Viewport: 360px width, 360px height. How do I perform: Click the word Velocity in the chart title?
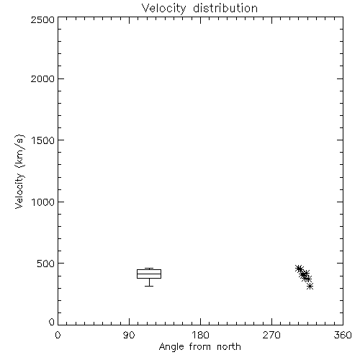(x=163, y=9)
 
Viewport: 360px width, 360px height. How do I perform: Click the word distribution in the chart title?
(x=225, y=8)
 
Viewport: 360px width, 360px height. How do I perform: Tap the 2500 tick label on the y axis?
(x=42, y=19)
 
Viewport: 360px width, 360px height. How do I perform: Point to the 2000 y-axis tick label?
(x=42, y=78)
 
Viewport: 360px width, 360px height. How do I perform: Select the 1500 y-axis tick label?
(x=43, y=140)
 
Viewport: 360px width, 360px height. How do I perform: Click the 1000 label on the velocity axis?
(x=43, y=202)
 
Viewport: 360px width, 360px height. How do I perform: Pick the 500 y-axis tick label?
(x=46, y=264)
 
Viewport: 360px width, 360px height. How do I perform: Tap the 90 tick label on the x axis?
(x=129, y=335)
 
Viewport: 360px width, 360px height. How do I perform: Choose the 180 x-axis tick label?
(x=200, y=335)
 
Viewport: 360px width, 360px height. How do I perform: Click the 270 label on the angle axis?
(x=271, y=335)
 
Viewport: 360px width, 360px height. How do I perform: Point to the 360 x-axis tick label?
(x=343, y=335)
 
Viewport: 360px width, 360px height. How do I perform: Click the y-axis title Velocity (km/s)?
(x=19, y=171)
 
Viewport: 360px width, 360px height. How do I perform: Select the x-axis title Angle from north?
(x=200, y=347)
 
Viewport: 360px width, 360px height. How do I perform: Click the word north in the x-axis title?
(x=229, y=346)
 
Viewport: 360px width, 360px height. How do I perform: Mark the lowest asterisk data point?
(x=310, y=286)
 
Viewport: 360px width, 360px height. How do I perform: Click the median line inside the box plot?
(x=149, y=274)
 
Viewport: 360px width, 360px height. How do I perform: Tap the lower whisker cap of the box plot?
(x=149, y=286)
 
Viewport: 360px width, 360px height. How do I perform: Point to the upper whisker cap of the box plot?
(x=149, y=268)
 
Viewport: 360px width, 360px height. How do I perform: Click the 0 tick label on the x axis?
(x=58, y=335)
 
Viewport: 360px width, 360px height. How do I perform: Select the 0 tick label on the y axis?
(x=52, y=322)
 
